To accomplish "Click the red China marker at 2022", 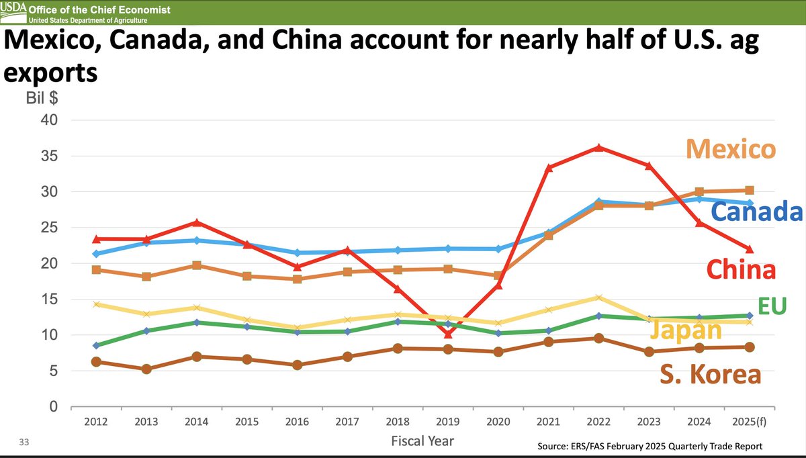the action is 598,148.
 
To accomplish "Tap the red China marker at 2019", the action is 448,334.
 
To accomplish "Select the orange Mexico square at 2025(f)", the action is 750,190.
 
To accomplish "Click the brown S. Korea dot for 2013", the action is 146,369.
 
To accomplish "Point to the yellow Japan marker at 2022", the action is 598,297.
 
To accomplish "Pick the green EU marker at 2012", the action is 96,345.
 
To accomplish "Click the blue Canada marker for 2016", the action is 297,253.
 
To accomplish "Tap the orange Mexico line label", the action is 731,149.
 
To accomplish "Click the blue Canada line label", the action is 757,211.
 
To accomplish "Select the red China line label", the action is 742,269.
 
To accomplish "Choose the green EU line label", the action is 772,306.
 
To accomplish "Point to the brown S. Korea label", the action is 711,374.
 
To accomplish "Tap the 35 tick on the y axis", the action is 49,156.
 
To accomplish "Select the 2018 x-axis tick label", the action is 398,421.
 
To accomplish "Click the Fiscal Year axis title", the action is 422,441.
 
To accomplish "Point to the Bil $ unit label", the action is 42,98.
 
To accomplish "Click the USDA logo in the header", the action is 13,12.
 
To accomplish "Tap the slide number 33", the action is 24,442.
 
